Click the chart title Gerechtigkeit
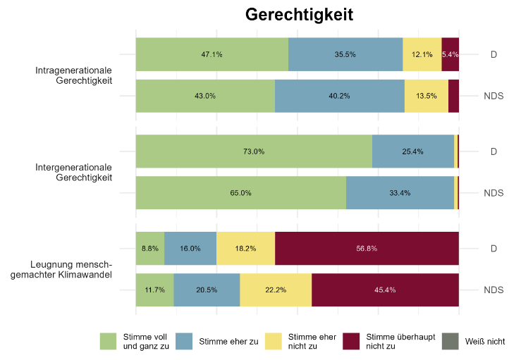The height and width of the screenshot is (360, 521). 299,14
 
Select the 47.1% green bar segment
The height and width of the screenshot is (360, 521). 212,54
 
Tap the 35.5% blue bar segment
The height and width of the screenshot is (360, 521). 345,54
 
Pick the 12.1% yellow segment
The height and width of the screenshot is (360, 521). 422,54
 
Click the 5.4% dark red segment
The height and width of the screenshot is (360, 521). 450,54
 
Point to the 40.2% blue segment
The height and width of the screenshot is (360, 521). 340,96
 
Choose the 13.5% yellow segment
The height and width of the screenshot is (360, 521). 427,96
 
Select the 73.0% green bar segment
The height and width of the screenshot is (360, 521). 254,151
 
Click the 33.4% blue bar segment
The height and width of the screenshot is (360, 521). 400,192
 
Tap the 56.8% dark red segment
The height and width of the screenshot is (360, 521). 367,248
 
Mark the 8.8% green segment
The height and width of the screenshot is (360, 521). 150,248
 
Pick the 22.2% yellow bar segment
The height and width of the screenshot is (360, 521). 276,290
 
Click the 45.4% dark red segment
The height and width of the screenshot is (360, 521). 385,290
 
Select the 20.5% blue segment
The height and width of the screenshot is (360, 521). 207,290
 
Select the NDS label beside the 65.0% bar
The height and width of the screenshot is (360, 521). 493,192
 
